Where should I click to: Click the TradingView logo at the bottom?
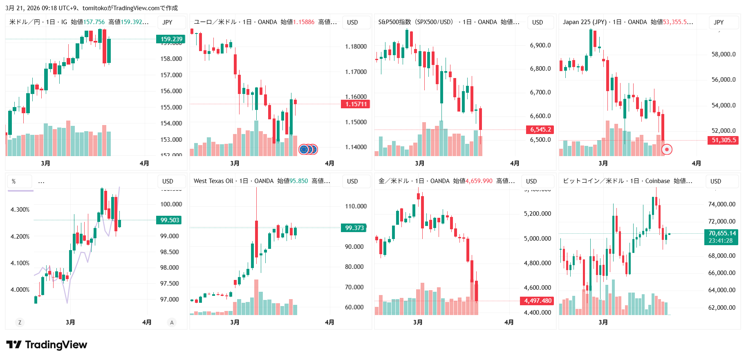[x=47, y=345]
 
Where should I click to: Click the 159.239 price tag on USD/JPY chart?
[x=171, y=39]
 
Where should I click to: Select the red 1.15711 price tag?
[x=356, y=104]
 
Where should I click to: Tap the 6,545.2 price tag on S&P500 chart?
[x=540, y=130]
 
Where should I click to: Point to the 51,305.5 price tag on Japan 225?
[x=723, y=140]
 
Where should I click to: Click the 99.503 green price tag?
[x=169, y=220]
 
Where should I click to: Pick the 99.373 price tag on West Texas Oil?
[x=354, y=228]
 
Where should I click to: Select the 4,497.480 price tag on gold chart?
[x=537, y=301]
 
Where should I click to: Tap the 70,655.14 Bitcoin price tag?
[x=721, y=233]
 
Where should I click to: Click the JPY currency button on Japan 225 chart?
[x=718, y=22]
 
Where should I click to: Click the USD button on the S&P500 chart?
[x=537, y=22]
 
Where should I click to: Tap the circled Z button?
[x=20, y=322]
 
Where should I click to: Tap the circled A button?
[x=172, y=322]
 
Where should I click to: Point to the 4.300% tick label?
[x=20, y=210]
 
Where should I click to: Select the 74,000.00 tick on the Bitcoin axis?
[x=721, y=204]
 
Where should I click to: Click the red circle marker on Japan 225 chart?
[x=667, y=150]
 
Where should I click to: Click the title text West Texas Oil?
[x=213, y=181]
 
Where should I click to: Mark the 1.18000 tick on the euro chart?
[x=356, y=47]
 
